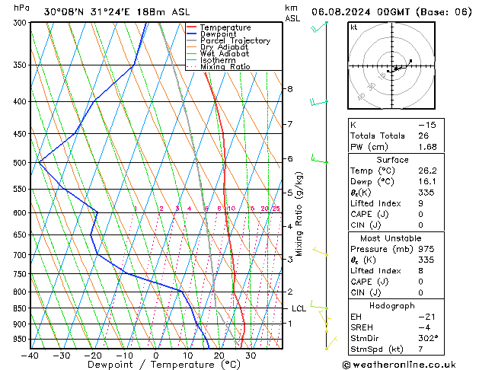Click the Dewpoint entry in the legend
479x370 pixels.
coord(225,34)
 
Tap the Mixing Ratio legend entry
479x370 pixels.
coord(229,67)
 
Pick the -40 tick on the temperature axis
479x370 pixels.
coord(30,355)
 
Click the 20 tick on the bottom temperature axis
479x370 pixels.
coord(219,355)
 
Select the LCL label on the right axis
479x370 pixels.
coord(299,308)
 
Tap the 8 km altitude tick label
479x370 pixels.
coord(290,89)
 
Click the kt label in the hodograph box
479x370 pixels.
coord(353,27)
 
